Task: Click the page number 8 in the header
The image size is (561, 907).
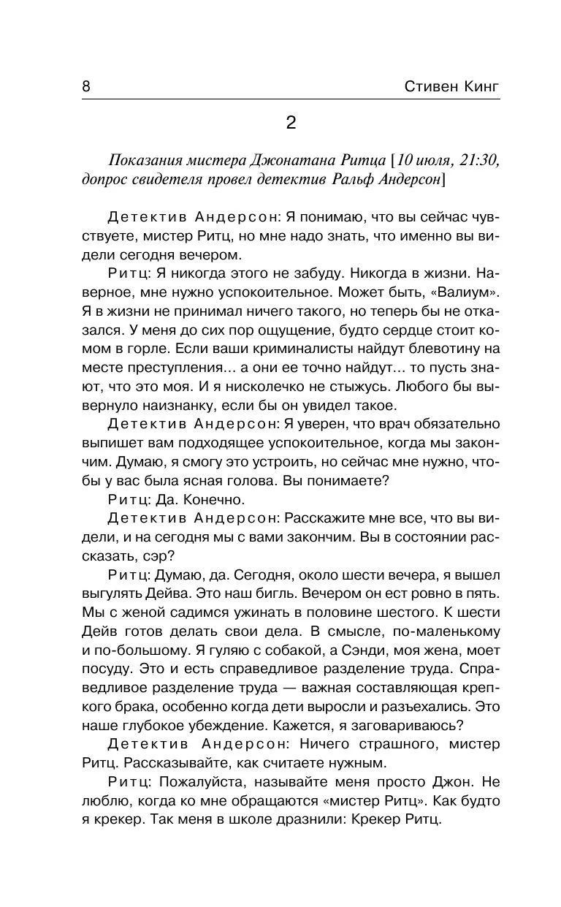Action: [x=86, y=87]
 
